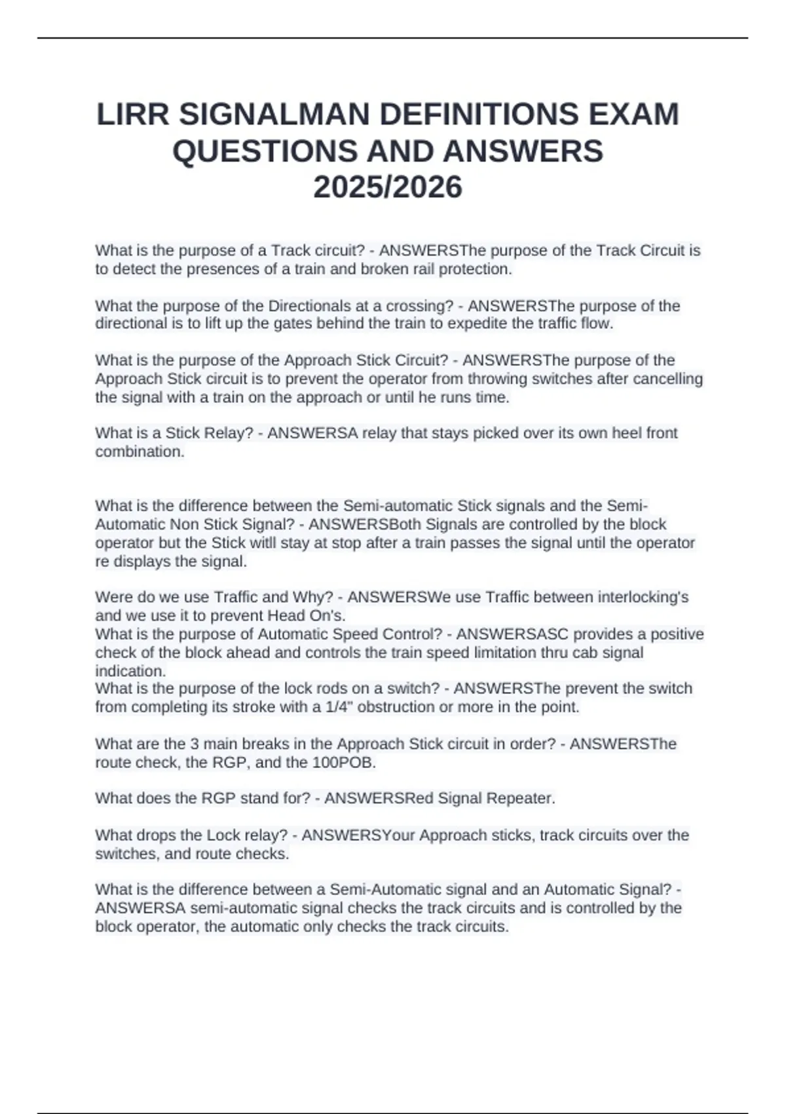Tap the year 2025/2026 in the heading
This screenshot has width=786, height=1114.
pos(388,187)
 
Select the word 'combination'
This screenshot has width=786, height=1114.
pos(140,451)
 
